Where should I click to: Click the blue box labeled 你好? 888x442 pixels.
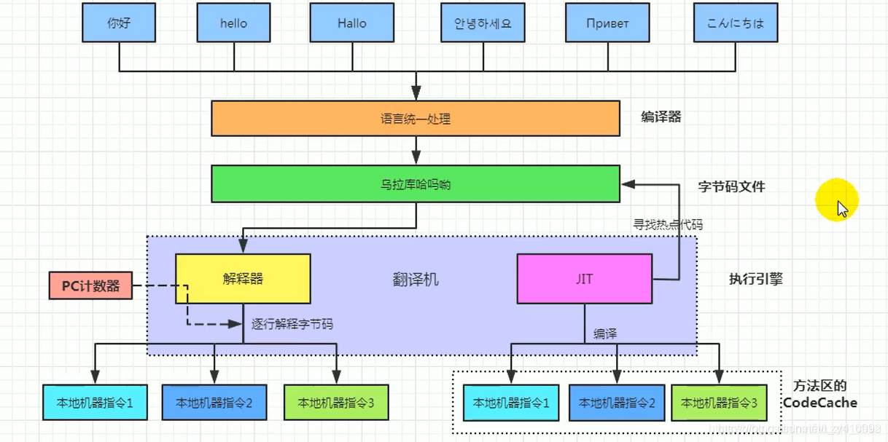click(x=118, y=23)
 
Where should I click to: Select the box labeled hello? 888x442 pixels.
click(x=233, y=23)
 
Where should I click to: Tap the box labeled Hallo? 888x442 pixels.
click(x=351, y=23)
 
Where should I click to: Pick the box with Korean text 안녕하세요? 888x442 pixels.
click(x=478, y=23)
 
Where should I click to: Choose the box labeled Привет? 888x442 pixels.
click(x=607, y=23)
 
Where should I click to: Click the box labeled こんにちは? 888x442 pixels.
click(x=735, y=23)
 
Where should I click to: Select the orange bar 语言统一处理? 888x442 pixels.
click(x=416, y=119)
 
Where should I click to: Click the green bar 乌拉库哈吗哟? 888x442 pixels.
click(x=416, y=184)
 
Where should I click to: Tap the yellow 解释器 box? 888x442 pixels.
click(x=243, y=279)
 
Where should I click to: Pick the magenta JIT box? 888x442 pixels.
click(x=584, y=279)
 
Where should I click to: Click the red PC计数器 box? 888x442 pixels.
click(x=90, y=286)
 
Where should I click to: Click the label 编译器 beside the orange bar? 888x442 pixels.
click(x=661, y=117)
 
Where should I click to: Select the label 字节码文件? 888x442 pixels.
click(x=731, y=187)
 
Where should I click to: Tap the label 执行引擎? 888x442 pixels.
click(x=755, y=279)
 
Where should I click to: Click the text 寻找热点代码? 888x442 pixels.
click(x=668, y=225)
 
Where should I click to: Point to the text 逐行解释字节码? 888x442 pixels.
click(x=292, y=324)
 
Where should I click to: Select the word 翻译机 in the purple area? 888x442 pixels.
click(x=416, y=280)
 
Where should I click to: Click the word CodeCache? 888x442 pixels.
click(x=820, y=403)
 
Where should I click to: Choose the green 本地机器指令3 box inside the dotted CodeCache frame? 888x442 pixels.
click(x=719, y=403)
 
